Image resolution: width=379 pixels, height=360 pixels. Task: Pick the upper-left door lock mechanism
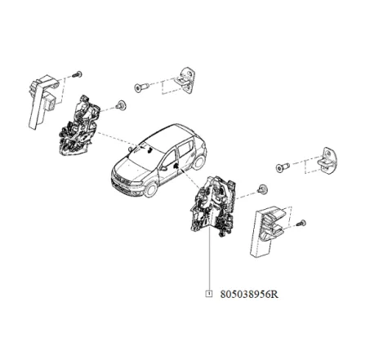pos(77,127)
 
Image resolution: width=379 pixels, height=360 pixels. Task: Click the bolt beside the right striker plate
pos(283,167)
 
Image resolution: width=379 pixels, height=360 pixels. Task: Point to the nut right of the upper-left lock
pos(120,104)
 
